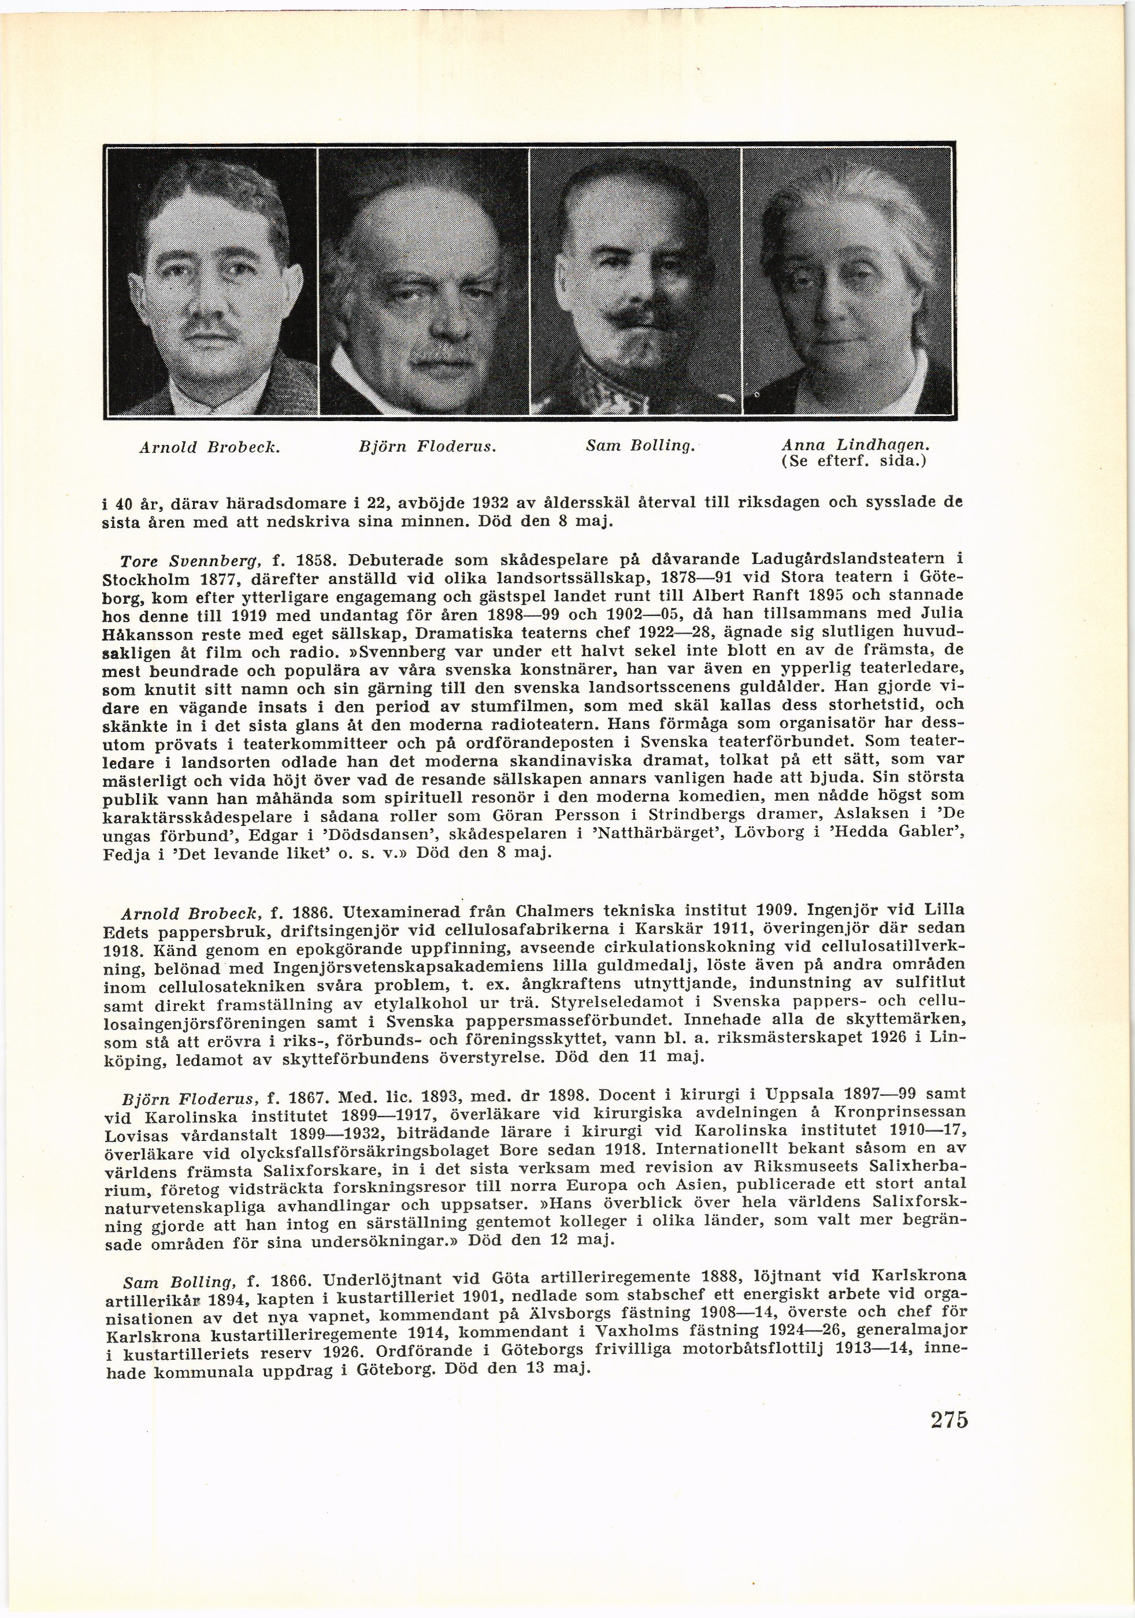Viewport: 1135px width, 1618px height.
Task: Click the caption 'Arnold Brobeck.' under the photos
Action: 209,447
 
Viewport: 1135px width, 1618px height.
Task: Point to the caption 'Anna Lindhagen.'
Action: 855,445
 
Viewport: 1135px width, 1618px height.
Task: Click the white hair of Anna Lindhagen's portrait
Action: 846,211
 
